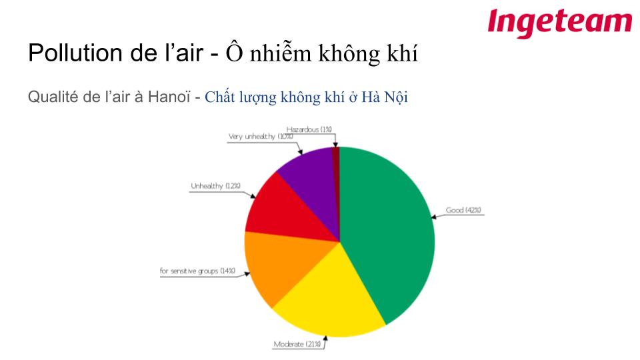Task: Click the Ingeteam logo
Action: point(559,23)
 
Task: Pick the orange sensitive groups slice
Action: point(281,265)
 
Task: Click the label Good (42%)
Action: point(463,210)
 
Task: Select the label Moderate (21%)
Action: point(297,344)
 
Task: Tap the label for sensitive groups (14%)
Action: point(197,271)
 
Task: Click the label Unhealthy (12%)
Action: point(215,186)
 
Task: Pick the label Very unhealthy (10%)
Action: point(261,136)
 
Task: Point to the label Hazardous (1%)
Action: point(309,129)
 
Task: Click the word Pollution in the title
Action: point(75,53)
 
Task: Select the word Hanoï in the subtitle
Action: point(169,97)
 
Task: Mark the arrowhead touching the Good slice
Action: point(433,217)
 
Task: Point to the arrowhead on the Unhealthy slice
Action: point(253,196)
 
